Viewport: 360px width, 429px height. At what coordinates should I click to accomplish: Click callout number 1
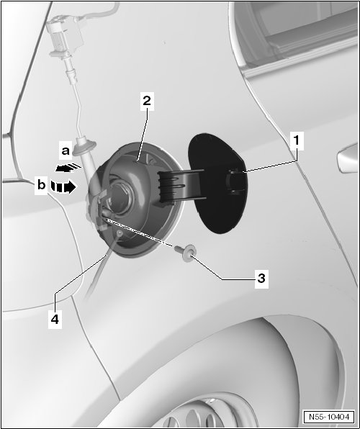coord(297,140)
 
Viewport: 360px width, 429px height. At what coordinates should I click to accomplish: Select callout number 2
coord(147,101)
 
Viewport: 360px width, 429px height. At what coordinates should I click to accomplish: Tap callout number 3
coord(261,279)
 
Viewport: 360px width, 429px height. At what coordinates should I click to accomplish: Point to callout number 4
coord(55,319)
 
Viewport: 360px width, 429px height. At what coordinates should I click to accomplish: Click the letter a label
coord(66,150)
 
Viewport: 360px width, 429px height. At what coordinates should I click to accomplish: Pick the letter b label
coord(41,185)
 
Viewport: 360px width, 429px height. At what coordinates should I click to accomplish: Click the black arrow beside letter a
coord(68,168)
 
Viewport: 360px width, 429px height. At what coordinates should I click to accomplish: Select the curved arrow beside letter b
coord(63,187)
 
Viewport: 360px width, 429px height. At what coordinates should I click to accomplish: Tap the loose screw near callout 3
coord(185,252)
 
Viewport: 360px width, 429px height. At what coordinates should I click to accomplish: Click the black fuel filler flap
coord(218,184)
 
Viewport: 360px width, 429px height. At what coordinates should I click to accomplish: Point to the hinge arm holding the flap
coord(181,186)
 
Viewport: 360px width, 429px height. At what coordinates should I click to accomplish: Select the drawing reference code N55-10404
coord(329,417)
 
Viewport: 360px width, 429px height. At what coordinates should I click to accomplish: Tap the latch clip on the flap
coord(235,181)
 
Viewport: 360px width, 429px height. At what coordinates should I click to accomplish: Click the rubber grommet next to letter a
coord(84,148)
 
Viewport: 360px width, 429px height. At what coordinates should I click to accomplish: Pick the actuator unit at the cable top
coord(65,37)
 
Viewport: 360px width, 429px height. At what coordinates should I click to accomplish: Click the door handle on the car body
coord(348,158)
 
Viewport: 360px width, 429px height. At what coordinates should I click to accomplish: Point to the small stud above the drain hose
coord(120,233)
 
